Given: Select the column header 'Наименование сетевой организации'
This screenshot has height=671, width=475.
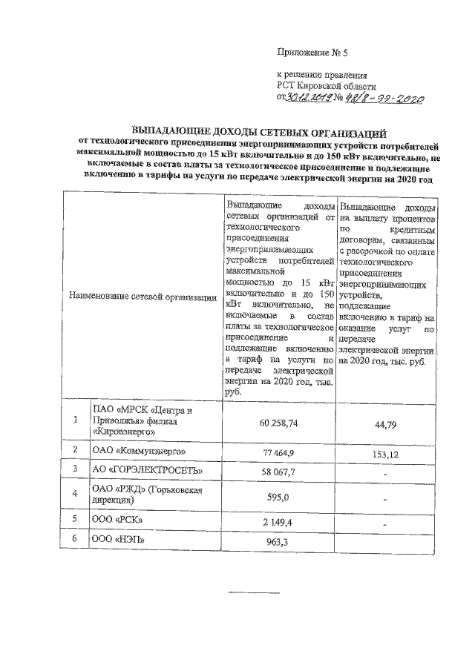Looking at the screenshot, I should [x=139, y=297].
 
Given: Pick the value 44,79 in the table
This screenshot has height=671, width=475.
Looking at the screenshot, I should [x=387, y=423].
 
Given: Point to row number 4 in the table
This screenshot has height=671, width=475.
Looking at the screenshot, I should [x=75, y=493].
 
